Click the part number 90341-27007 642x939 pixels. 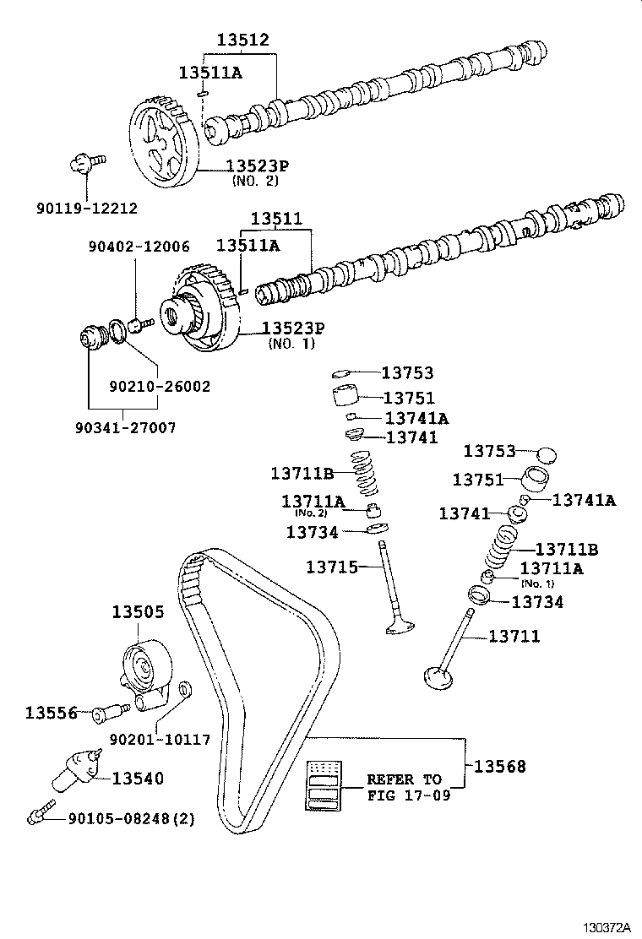130,428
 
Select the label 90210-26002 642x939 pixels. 160,386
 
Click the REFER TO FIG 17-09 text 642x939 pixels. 404,787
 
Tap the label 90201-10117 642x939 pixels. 160,740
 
